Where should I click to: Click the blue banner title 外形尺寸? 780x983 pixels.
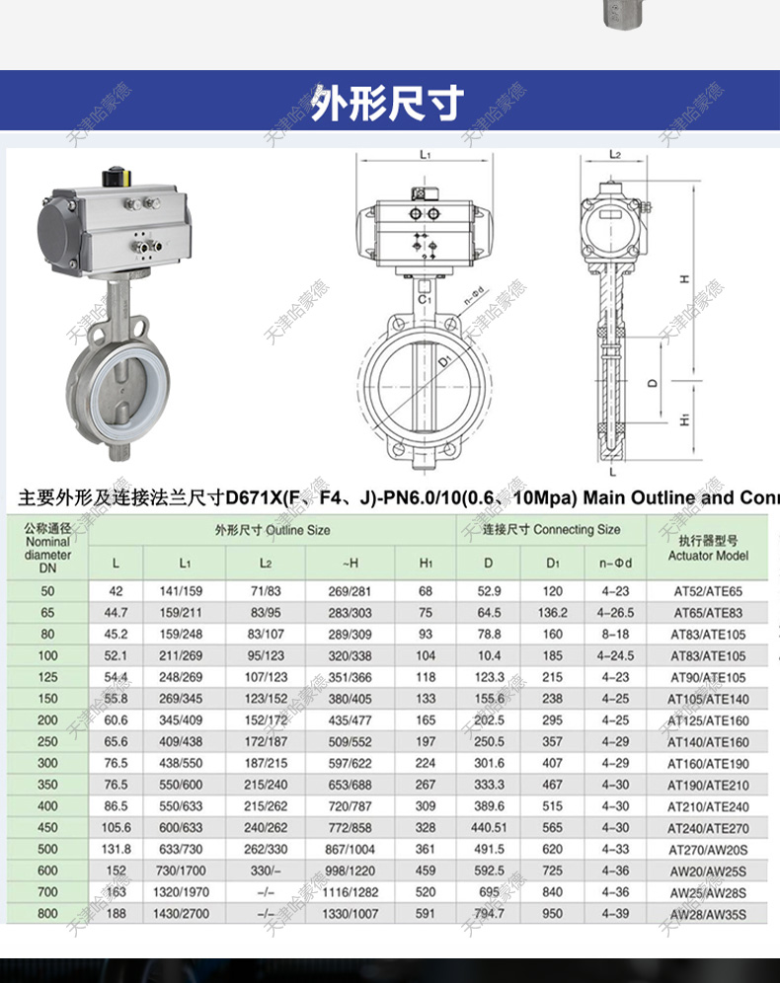click(388, 103)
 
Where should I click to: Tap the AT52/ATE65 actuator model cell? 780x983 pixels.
click(706, 592)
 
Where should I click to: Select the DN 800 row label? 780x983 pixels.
click(47, 914)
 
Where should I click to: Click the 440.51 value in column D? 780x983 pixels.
click(489, 828)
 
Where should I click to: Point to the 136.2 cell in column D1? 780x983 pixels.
click(553, 613)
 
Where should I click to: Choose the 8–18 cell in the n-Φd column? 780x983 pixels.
click(614, 635)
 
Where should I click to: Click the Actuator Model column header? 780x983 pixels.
click(708, 548)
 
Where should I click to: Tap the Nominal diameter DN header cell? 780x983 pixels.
click(47, 548)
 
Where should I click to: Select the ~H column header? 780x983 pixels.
click(350, 563)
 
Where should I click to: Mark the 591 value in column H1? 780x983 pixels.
click(426, 914)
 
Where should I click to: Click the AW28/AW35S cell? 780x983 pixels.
click(706, 915)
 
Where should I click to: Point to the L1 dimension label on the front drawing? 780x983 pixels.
click(425, 155)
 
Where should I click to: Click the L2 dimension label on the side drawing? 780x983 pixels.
click(614, 155)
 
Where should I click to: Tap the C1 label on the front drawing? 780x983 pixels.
click(424, 298)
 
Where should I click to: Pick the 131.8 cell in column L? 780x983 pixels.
click(117, 850)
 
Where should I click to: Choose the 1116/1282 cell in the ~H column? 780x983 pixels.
click(350, 892)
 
